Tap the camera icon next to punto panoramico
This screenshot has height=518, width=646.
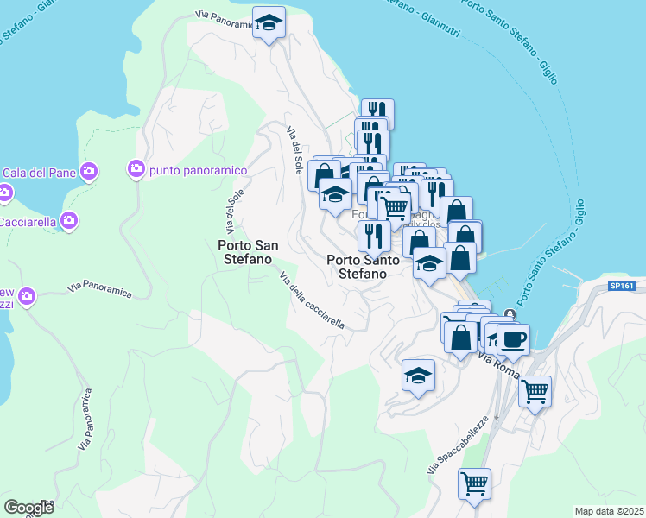click(x=136, y=167)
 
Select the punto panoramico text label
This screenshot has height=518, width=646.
click(x=198, y=170)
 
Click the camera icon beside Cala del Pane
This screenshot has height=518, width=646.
click(x=89, y=172)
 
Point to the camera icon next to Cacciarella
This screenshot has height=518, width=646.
click(x=69, y=221)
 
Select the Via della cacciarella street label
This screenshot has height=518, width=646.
click(x=312, y=300)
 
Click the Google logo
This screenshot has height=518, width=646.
click(x=28, y=508)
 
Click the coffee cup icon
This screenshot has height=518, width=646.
click(x=513, y=339)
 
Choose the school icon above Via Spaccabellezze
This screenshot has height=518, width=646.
click(x=418, y=376)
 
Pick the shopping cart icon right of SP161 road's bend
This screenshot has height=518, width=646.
click(x=535, y=391)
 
